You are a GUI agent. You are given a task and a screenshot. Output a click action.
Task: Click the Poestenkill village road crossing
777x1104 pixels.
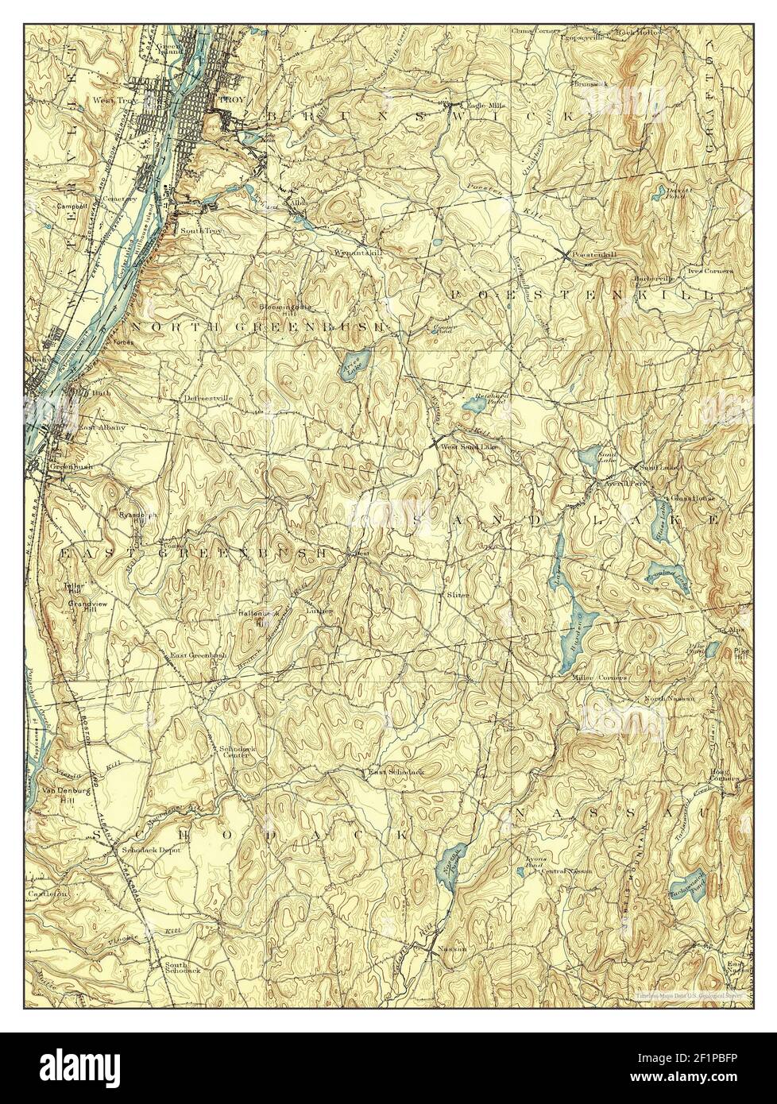coord(565,254)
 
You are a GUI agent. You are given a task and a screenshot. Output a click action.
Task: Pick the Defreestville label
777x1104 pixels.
coord(207,397)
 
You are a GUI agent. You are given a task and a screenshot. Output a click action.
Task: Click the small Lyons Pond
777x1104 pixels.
coord(520,871)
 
